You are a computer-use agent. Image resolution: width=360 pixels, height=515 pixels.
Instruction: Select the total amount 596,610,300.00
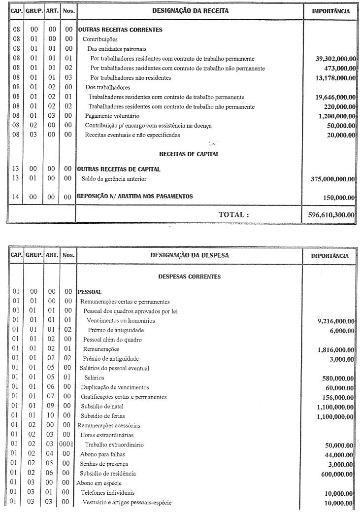pos(328,215)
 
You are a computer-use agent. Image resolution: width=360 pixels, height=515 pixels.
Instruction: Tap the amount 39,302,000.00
pos(335,59)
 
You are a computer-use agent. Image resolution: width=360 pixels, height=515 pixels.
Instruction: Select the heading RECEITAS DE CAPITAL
pos(189,154)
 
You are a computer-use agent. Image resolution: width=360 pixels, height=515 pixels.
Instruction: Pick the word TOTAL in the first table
pos(234,215)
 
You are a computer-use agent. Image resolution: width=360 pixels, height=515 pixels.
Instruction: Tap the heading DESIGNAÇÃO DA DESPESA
pos(190,256)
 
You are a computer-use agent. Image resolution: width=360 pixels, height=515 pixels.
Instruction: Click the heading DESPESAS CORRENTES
pos(190,277)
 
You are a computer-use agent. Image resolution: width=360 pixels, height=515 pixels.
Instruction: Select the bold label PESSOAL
pos(90,292)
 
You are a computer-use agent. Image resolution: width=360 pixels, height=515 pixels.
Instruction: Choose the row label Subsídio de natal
pos(102,407)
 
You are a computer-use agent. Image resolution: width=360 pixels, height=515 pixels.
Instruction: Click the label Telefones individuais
pos(108,493)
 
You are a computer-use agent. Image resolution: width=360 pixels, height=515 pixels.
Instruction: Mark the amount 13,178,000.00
pos(335,78)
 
